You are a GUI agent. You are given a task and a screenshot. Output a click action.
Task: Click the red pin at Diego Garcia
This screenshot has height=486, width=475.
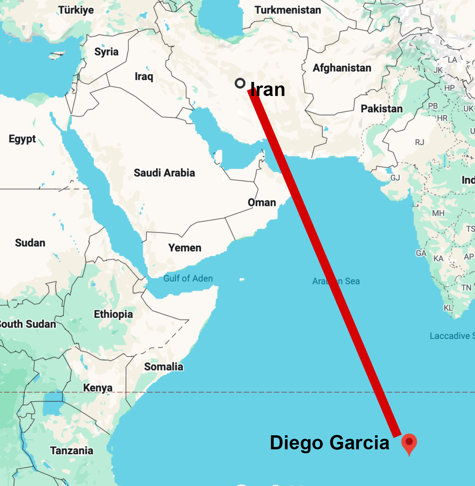[409, 443]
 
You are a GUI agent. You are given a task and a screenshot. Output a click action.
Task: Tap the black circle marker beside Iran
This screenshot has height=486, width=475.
[240, 83]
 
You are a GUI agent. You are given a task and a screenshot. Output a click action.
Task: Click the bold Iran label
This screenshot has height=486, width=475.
[268, 90]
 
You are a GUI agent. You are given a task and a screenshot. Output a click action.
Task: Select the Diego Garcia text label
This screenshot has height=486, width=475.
[330, 443]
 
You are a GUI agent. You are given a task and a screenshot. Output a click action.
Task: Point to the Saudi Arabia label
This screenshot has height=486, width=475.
[164, 173]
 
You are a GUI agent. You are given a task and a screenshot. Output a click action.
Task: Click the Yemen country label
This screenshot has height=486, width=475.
[185, 248]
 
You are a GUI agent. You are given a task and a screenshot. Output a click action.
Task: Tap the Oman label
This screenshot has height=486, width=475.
[262, 202]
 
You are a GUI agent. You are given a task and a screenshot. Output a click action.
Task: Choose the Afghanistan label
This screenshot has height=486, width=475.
[342, 68]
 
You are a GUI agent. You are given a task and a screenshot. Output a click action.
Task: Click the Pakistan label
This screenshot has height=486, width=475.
[381, 108]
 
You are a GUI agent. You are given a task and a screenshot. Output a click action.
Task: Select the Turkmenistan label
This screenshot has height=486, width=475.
[288, 10]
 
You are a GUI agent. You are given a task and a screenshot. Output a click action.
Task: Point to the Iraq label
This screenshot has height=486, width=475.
[144, 76]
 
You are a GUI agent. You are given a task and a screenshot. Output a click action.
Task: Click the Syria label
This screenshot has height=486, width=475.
[106, 52]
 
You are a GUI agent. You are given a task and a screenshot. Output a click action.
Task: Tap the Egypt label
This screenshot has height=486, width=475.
[22, 139]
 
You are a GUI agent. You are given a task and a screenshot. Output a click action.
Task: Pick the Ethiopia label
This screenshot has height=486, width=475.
[113, 314]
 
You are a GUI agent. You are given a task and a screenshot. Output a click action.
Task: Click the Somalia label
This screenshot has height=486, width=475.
[163, 367]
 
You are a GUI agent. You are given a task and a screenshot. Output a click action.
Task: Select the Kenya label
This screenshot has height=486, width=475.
[98, 388]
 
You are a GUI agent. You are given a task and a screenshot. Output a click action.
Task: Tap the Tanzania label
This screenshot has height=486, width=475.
[72, 451]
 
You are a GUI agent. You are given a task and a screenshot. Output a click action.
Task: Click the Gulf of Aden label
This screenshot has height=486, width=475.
[188, 278]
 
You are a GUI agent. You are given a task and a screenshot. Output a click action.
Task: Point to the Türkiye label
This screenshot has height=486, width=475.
[76, 10]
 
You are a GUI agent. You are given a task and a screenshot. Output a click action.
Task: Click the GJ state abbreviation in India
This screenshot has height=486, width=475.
[395, 178]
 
